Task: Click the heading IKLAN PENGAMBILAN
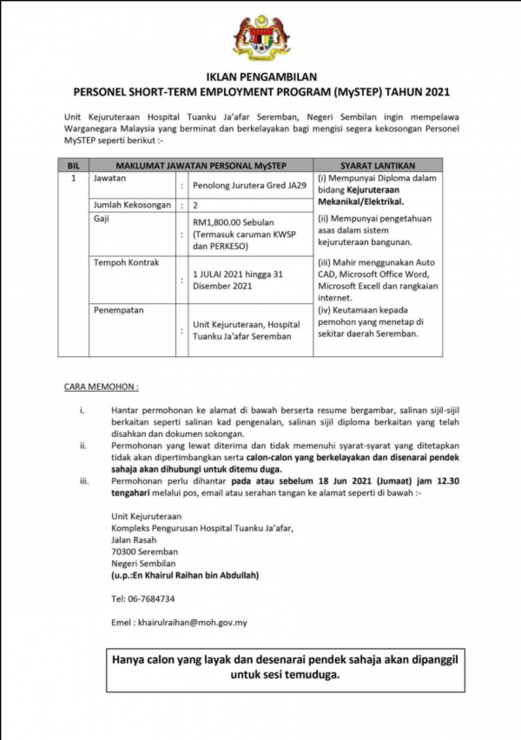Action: click(x=260, y=77)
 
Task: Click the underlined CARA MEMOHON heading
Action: click(x=102, y=384)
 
